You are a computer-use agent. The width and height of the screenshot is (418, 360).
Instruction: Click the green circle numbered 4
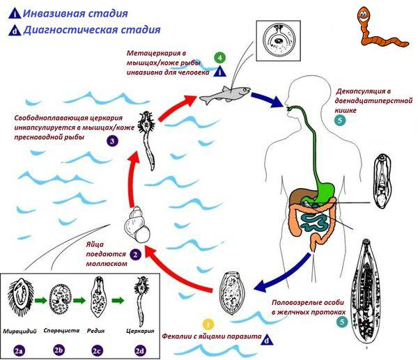click(x=220, y=56)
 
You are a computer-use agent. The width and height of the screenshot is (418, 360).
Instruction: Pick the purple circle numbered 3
click(x=111, y=141)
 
